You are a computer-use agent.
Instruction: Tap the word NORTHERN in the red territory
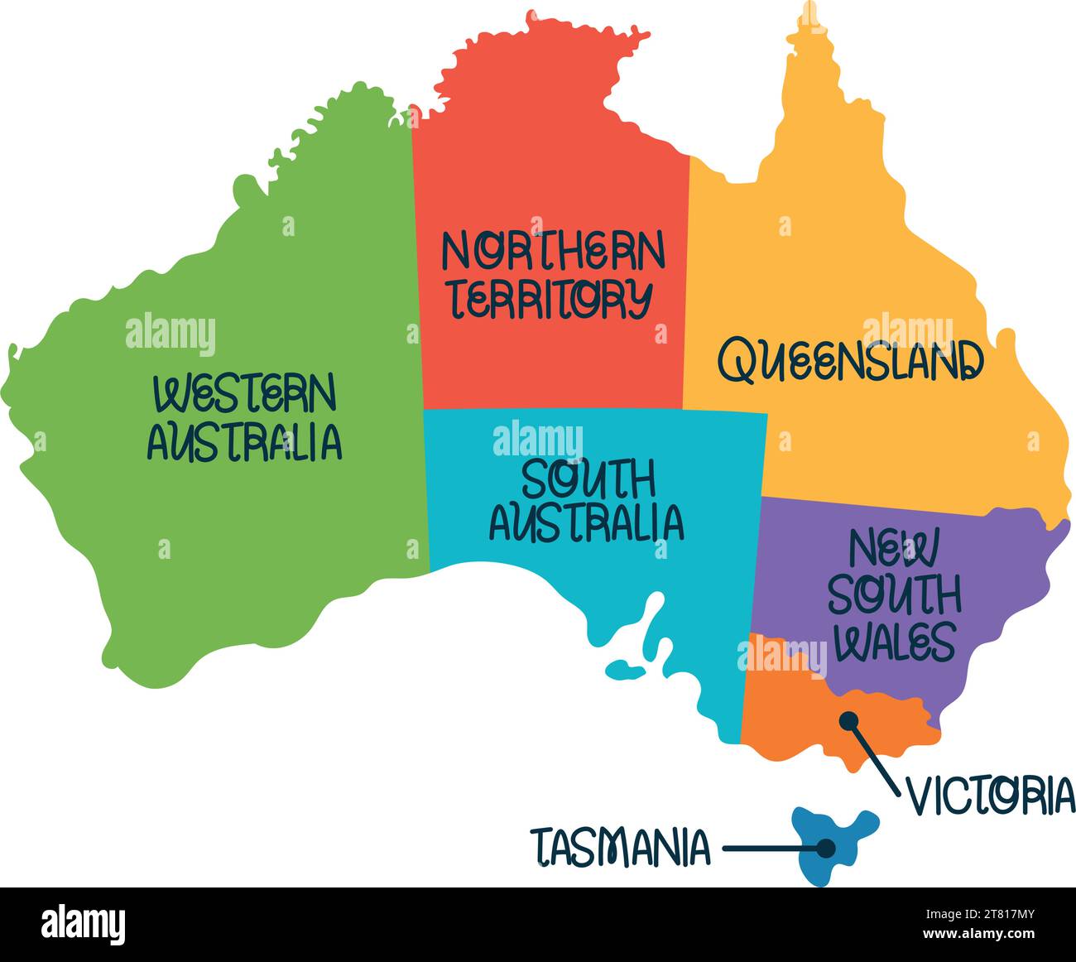coord(553,251)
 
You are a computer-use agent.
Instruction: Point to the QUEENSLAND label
coord(850,361)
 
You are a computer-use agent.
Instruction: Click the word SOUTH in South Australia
coord(588,479)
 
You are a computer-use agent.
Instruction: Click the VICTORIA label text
coord(991,796)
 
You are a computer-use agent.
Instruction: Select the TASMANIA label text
coord(621,848)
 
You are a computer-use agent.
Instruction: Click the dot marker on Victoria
coord(848,720)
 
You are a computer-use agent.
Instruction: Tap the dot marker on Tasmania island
coord(825,848)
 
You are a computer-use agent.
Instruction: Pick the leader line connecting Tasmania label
coord(770,848)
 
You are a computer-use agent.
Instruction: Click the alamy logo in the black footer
coord(83,924)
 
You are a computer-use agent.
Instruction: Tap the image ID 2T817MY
coord(989,915)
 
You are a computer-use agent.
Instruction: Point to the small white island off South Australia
coord(625,667)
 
